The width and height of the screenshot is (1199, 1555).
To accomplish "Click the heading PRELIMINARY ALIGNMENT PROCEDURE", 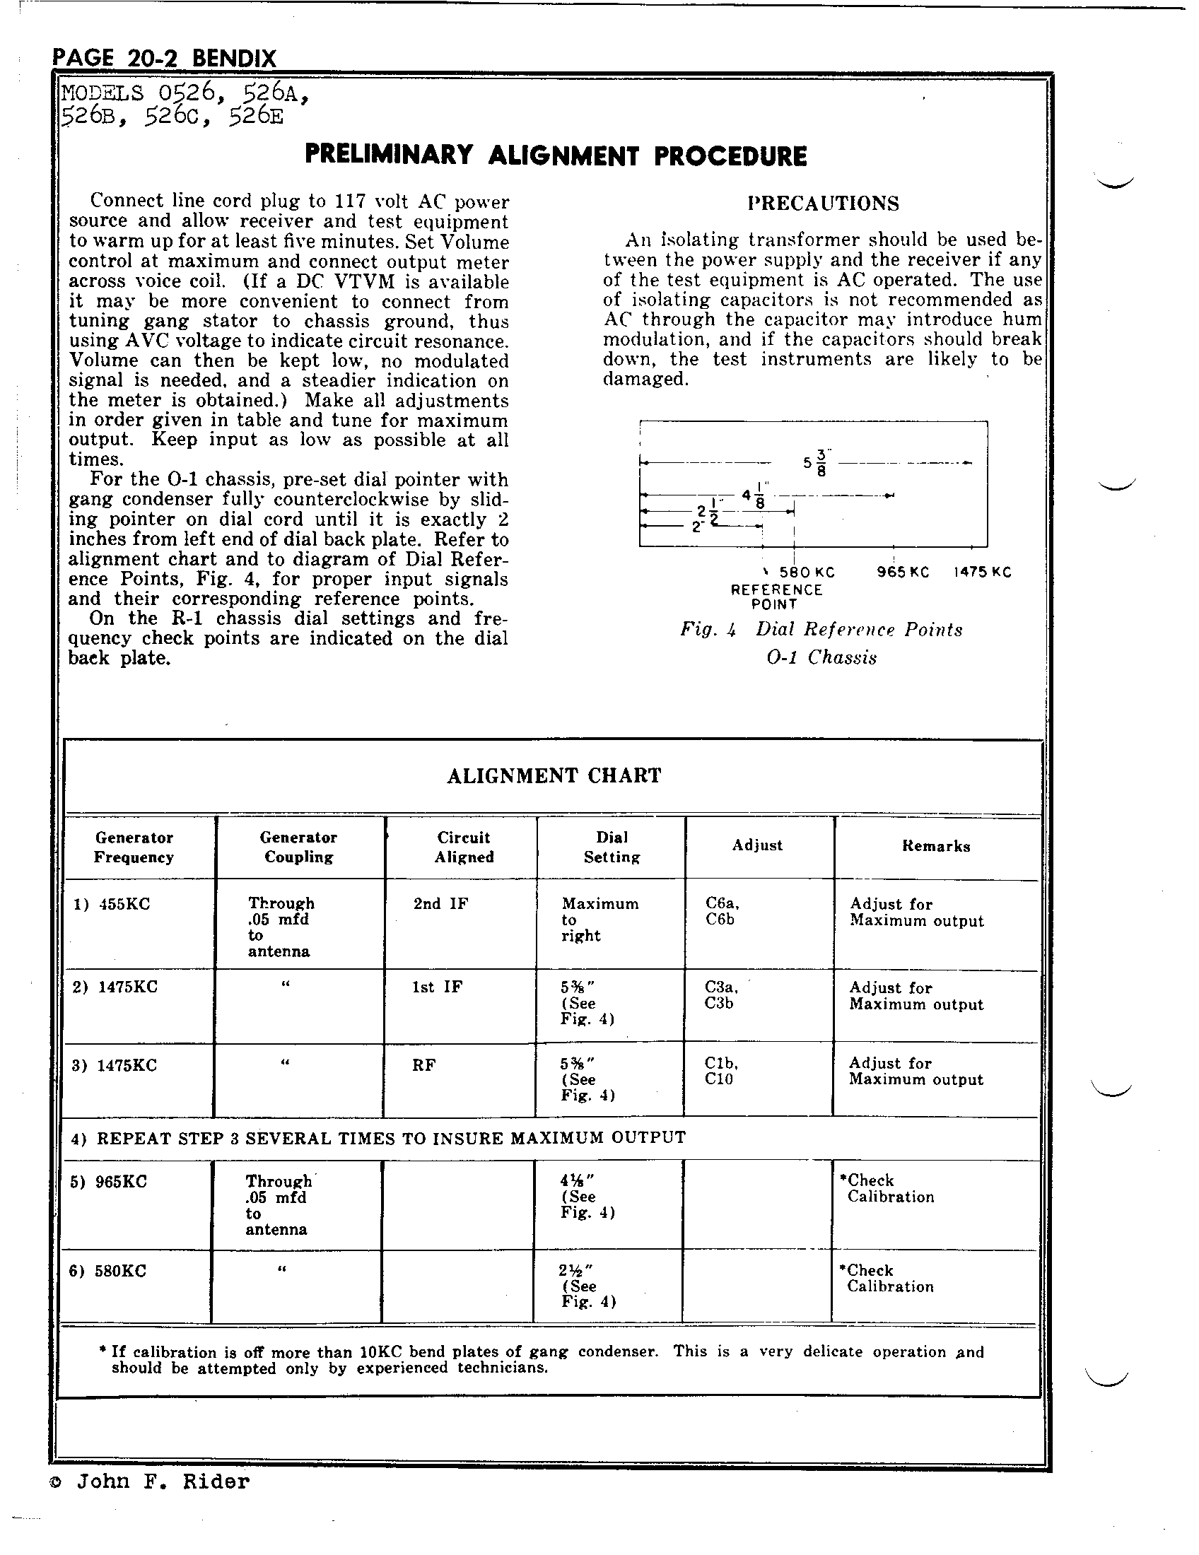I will click(x=556, y=155).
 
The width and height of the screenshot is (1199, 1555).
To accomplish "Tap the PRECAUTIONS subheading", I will click(x=823, y=204).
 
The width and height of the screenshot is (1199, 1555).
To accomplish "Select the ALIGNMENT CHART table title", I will click(x=554, y=775).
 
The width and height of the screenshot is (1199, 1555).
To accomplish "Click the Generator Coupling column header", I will click(x=298, y=847).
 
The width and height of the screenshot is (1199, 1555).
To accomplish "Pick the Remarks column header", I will click(x=935, y=846).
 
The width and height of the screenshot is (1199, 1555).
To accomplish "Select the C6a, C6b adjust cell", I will click(x=722, y=911).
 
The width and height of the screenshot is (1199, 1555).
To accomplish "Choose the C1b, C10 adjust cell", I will click(x=721, y=1071).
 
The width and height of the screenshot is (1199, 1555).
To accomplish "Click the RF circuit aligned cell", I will click(x=423, y=1065).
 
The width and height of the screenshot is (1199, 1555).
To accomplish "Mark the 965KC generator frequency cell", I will click(x=109, y=1182).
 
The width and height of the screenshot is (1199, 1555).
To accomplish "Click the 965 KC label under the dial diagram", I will click(x=903, y=573).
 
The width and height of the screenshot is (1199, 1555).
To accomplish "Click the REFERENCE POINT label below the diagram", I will click(x=776, y=597).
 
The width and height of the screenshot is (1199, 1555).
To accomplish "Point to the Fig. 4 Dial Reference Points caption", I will click(x=821, y=630).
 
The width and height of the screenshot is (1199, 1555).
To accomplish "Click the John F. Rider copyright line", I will click(x=149, y=1482).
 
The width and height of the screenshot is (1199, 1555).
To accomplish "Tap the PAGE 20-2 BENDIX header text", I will click(x=165, y=59).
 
